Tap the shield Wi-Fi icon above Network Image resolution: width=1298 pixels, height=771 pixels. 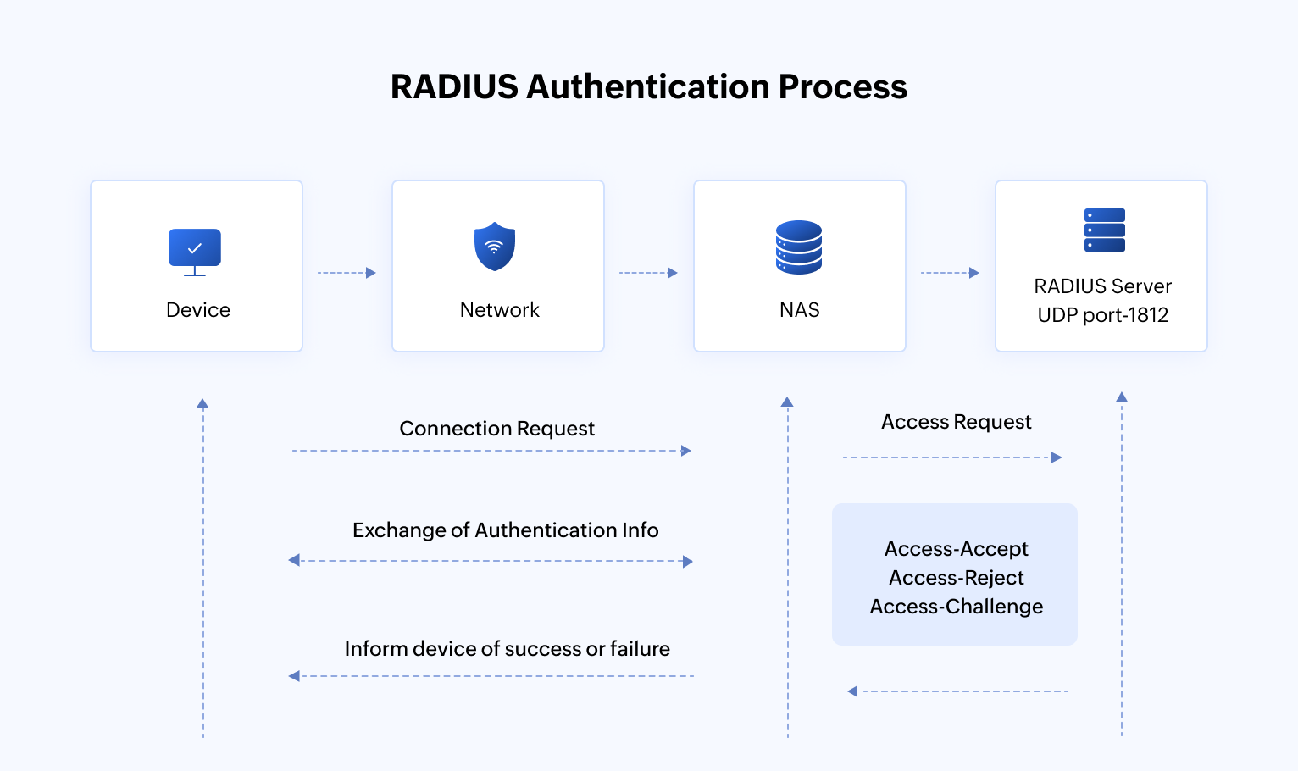[495, 247]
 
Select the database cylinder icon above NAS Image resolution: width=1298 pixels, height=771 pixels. [799, 247]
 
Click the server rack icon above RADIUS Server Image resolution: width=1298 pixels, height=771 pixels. [1104, 230]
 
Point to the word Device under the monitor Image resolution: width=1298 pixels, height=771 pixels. [198, 310]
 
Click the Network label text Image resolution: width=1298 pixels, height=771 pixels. [499, 310]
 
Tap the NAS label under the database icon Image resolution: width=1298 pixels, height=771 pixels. [799, 310]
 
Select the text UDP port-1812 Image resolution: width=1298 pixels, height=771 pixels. [1102, 315]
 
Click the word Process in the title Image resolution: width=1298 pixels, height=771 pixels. [842, 87]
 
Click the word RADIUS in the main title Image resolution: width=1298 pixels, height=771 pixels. [454, 87]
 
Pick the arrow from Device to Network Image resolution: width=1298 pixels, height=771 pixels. [347, 273]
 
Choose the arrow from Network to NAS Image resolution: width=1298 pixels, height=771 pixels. [648, 273]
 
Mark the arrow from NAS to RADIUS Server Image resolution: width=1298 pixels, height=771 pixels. [950, 273]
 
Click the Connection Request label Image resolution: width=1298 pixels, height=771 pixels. [496, 429]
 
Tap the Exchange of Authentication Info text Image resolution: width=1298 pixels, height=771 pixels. [505, 530]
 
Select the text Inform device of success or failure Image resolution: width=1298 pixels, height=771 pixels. [507, 649]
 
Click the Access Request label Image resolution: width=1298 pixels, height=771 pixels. [956, 422]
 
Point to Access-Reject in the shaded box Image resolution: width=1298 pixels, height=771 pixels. [956, 578]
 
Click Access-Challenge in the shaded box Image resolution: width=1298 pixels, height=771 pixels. [956, 607]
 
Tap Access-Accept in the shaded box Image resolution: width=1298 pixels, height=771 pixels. [956, 549]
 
